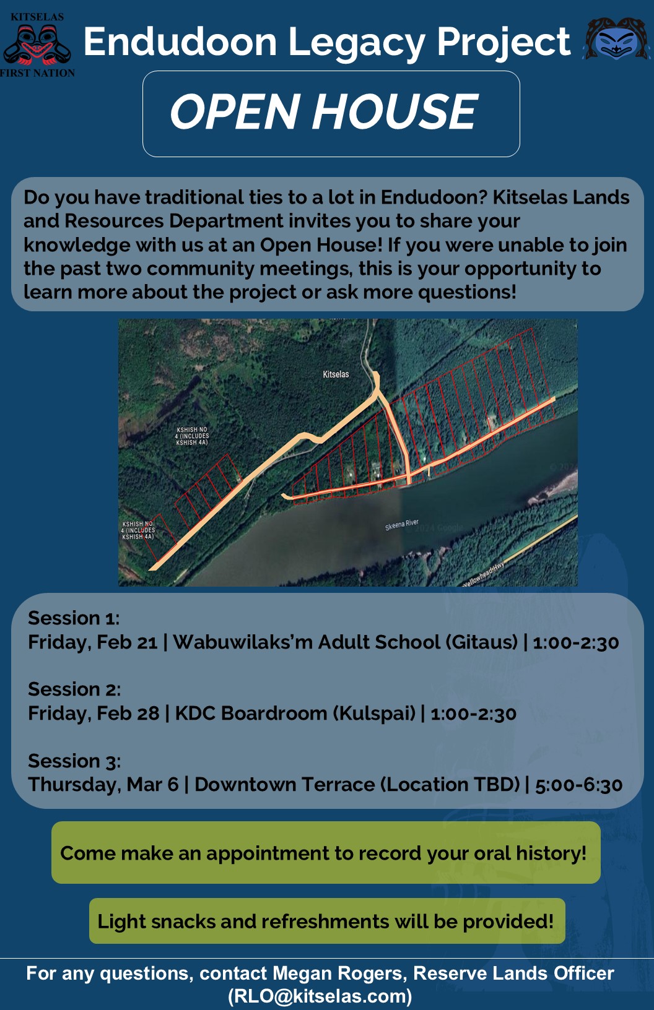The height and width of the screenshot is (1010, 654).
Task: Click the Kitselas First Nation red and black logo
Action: (37, 45)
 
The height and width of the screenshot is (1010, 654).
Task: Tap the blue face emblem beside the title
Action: (616, 39)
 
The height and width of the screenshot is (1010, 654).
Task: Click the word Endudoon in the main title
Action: (180, 41)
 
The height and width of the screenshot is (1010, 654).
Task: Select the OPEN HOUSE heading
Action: (324, 111)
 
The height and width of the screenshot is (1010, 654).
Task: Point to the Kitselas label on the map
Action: (336, 374)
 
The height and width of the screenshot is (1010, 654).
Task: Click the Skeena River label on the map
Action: (402, 524)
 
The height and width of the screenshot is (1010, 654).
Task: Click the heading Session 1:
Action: (74, 618)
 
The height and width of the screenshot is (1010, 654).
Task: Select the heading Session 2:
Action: (74, 689)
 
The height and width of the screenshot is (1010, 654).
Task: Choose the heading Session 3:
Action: (74, 761)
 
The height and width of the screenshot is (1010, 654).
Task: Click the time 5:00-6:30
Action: (578, 785)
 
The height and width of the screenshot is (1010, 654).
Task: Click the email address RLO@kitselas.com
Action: (320, 996)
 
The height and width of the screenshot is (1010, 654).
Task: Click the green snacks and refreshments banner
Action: (327, 921)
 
